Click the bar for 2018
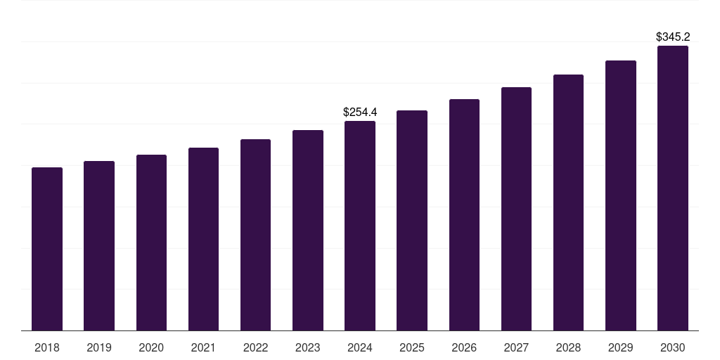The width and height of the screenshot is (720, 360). [x=47, y=249]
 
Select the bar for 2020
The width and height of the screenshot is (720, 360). [x=151, y=243]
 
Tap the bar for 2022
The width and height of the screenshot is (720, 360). [x=255, y=235]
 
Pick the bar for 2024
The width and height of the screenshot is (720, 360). [x=360, y=226]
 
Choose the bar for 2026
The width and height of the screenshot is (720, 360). [x=464, y=214]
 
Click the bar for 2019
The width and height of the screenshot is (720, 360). [x=99, y=246]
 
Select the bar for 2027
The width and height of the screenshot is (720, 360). [x=516, y=209]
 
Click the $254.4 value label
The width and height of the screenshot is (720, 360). [x=360, y=112]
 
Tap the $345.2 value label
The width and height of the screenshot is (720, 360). [x=672, y=37]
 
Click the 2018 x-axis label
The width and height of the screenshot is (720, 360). [x=47, y=347]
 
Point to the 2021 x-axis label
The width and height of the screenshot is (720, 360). [x=203, y=347]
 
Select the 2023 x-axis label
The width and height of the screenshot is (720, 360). [x=307, y=347]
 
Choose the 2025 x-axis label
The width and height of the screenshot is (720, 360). [x=412, y=347]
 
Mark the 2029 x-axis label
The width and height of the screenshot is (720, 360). [x=620, y=347]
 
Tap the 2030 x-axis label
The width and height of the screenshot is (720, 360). [x=672, y=347]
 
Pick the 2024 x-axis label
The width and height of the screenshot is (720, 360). [x=360, y=347]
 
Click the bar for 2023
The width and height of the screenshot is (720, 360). [x=307, y=230]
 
